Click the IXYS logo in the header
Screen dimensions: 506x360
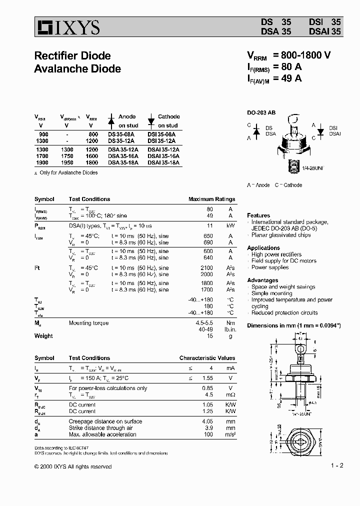point(67,27)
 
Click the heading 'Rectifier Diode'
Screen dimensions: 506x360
point(72,55)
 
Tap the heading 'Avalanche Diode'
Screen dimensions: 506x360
point(77,68)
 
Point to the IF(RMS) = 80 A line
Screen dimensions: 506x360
point(274,67)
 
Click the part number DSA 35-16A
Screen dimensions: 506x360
point(123,156)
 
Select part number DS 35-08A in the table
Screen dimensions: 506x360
point(122,134)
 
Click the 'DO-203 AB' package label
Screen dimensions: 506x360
point(261,113)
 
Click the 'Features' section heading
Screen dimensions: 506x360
point(258,215)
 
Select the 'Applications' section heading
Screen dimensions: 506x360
point(263,248)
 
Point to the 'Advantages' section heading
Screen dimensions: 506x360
point(262,280)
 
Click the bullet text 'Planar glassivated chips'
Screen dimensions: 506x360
point(280,235)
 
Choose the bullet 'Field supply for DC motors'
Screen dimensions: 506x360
point(283,261)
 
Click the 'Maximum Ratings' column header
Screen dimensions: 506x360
point(211,199)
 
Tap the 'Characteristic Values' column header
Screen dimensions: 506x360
point(207,358)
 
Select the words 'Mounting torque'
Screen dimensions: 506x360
point(88,323)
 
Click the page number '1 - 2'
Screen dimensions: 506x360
point(337,465)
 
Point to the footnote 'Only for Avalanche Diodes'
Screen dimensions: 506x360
point(68,172)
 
